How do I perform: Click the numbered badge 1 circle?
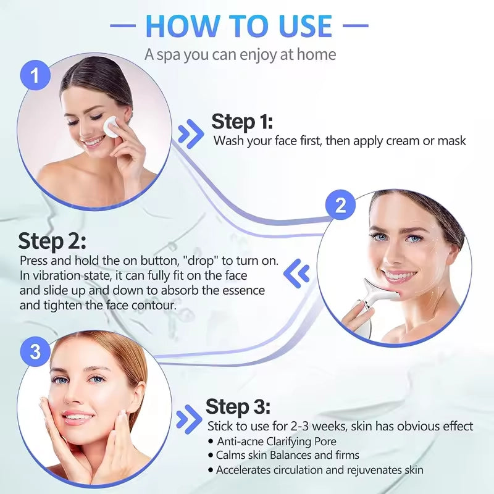pos(36,76)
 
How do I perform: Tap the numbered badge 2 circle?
pos(341,206)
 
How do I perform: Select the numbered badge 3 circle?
pos(36,353)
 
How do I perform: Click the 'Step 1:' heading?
pos(242,121)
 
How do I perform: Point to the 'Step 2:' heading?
pos(52,241)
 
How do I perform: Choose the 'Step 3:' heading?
pos(238,407)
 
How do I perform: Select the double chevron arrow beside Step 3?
pos(188,419)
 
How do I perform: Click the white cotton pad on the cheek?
pos(112,126)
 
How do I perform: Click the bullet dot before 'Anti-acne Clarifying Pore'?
pos(211,442)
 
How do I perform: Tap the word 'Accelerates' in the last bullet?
pos(244,470)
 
